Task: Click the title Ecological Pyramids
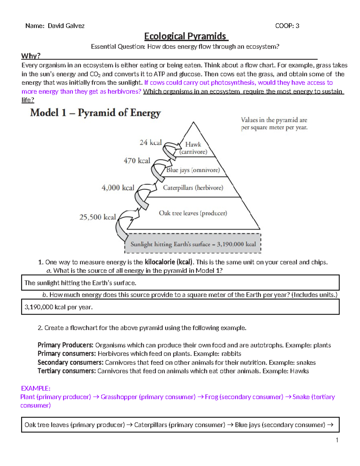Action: tap(186, 36)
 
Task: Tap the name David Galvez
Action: tap(66, 26)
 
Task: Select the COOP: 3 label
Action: tap(287, 26)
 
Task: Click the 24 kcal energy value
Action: tap(151, 143)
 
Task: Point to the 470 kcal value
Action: tap(137, 161)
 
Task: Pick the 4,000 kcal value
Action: tap(118, 188)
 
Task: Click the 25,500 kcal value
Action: tap(97, 217)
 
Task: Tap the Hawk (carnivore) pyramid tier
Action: tap(193, 148)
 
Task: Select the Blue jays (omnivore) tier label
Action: tap(193, 170)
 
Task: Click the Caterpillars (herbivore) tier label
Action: tap(193, 188)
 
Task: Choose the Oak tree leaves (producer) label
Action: tap(193, 213)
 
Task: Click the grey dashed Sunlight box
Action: tap(193, 244)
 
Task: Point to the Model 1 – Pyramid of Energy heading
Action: tap(95, 113)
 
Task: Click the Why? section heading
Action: tap(31, 56)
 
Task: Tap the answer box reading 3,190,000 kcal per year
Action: tap(180, 307)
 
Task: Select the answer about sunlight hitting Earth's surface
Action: tap(180, 283)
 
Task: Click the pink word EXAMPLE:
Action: tap(35, 388)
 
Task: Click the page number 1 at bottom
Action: tap(337, 440)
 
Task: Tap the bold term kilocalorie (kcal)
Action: tap(169, 262)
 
